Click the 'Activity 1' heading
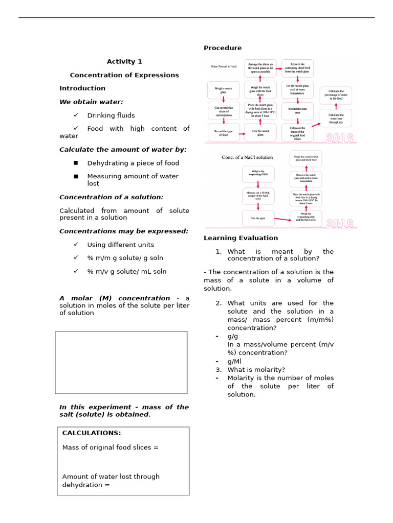click(124, 62)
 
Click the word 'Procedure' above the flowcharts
click(223, 48)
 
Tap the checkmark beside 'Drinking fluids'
click(76, 115)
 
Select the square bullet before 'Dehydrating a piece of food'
click(76, 163)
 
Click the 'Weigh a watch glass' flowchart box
click(224, 90)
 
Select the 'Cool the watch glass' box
click(260, 132)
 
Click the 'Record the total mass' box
click(297, 111)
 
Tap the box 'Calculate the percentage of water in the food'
click(336, 96)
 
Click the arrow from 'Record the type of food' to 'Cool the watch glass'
click(242, 134)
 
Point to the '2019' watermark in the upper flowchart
click(340, 138)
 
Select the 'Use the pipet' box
click(258, 218)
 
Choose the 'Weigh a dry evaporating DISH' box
click(258, 174)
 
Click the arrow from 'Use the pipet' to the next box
click(282, 220)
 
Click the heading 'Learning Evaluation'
click(241, 238)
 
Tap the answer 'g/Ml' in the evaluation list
click(234, 361)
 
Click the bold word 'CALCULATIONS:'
click(92, 433)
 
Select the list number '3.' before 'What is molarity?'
click(219, 370)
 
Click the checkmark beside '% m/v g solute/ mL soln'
click(76, 271)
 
